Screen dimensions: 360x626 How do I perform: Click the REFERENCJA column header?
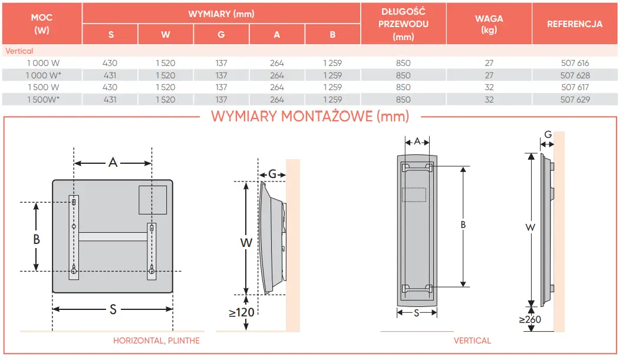(575, 24)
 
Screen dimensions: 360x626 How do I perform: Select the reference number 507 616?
(575, 63)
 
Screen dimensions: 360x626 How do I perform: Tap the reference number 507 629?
(575, 100)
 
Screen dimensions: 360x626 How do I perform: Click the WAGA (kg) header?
(489, 24)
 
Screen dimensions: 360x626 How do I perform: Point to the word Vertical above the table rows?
(19, 51)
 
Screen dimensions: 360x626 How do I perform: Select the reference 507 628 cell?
(575, 75)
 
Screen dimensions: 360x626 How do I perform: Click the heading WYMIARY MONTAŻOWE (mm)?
(309, 116)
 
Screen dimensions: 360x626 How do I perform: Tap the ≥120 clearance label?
(242, 312)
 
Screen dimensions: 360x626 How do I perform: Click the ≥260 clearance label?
(530, 320)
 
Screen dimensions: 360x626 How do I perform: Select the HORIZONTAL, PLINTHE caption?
(156, 341)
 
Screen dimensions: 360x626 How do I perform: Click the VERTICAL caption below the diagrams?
(472, 341)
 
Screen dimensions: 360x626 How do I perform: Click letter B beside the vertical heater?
(463, 224)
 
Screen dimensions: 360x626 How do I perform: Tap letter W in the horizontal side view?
(246, 242)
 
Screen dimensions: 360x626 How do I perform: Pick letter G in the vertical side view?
(548, 135)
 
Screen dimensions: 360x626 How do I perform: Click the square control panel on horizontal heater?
(152, 200)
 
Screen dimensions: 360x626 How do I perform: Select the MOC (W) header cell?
(42, 24)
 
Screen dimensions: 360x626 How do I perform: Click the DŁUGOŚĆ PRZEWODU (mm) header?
(403, 24)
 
